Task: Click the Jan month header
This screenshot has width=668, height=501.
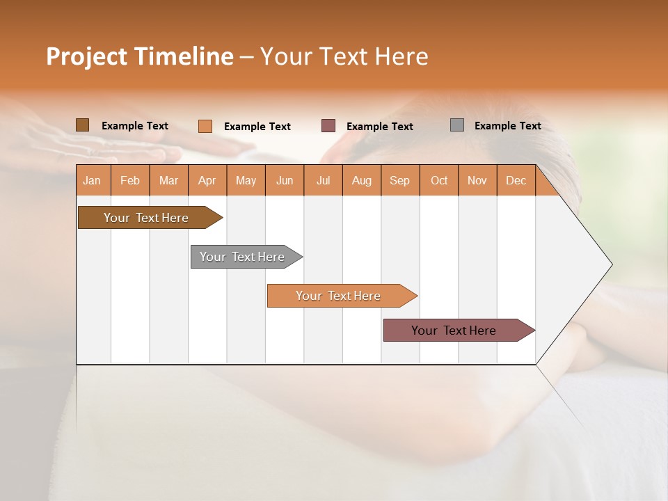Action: pos(92,180)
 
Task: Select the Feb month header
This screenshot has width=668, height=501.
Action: pos(130,180)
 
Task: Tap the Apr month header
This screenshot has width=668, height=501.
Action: pos(207,180)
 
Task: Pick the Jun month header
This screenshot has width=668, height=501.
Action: pos(284,180)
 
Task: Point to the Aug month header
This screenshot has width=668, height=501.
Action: pos(361,180)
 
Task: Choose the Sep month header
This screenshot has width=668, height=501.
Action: pos(399,180)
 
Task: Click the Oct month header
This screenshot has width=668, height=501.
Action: pos(438,180)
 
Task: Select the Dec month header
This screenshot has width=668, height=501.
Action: pos(516,180)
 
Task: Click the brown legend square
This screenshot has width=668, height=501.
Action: pos(82,125)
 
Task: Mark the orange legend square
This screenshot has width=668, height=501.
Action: pos(205,126)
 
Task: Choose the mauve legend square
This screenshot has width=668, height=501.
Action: pos(328,126)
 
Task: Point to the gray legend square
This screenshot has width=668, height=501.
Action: pos(456,125)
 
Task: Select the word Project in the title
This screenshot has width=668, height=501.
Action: pos(86,56)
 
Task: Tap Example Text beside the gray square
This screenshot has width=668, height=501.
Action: pos(507,126)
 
